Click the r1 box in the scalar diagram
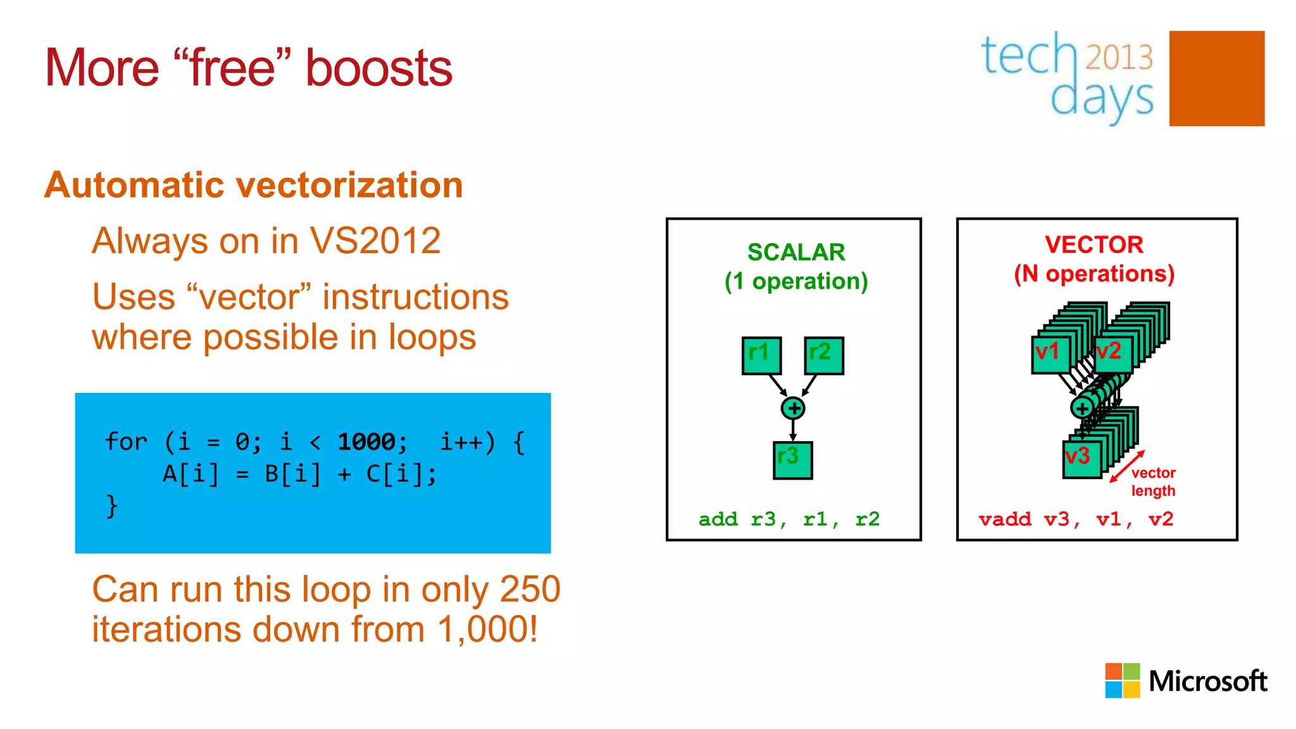point(761,355)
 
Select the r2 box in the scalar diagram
point(824,355)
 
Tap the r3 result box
point(792,459)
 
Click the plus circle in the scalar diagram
point(793,408)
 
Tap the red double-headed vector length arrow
point(1127,466)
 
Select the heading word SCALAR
point(796,252)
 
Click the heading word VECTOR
point(1093,245)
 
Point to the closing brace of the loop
point(112,506)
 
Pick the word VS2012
point(375,241)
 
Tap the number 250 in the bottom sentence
point(530,590)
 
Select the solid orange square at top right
point(1216,78)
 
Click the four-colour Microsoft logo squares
point(1122,680)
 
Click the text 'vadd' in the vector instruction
point(1004,520)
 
